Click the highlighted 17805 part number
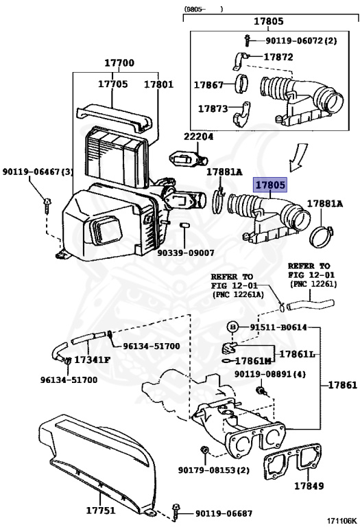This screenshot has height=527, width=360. [x=270, y=185]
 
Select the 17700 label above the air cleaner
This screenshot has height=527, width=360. [x=119, y=63]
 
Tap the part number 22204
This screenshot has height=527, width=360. [x=198, y=137]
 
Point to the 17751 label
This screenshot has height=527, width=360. [x=101, y=511]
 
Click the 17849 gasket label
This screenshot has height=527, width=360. [x=309, y=486]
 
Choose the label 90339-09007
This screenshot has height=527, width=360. [x=186, y=253]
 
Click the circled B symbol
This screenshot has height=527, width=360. [x=232, y=327]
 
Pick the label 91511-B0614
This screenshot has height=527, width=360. [x=278, y=327]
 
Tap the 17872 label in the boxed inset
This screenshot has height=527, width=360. [x=278, y=57]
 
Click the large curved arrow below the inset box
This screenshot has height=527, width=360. [x=298, y=156]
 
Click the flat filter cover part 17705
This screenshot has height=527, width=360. [x=114, y=118]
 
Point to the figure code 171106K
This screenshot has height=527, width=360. [x=342, y=521]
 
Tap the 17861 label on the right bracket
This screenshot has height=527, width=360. [x=343, y=385]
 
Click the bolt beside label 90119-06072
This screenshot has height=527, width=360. [x=247, y=40]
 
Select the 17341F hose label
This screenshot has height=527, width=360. [x=92, y=360]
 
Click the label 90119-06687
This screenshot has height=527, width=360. [x=224, y=513]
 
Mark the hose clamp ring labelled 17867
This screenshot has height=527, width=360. [x=241, y=84]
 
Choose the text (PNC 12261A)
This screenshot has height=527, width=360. [x=238, y=294]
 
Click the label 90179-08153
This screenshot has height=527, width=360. [x=214, y=470]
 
